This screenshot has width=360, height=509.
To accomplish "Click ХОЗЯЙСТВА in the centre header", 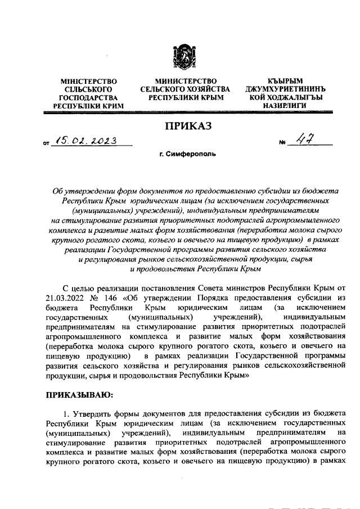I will [x=206, y=89].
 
